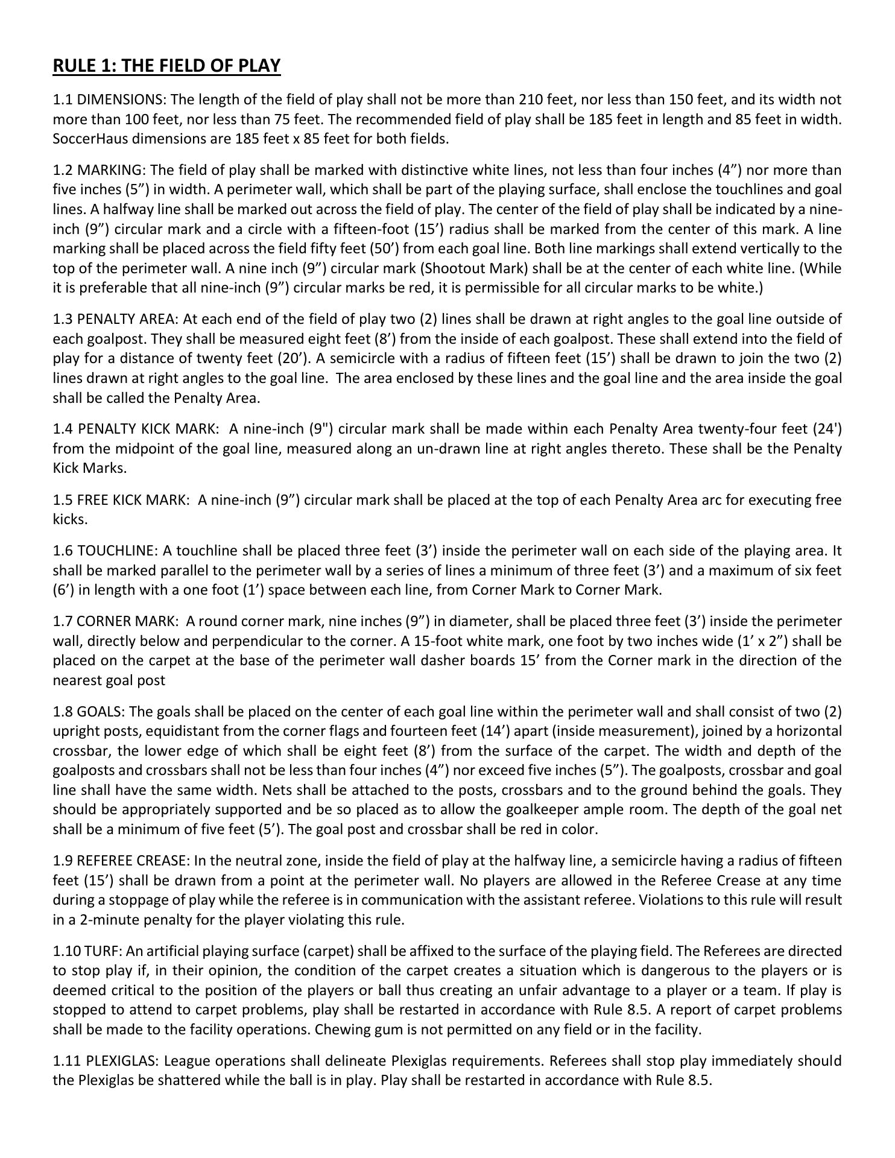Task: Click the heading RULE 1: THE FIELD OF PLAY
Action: click(166, 65)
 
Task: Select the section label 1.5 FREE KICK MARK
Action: click(121, 500)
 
